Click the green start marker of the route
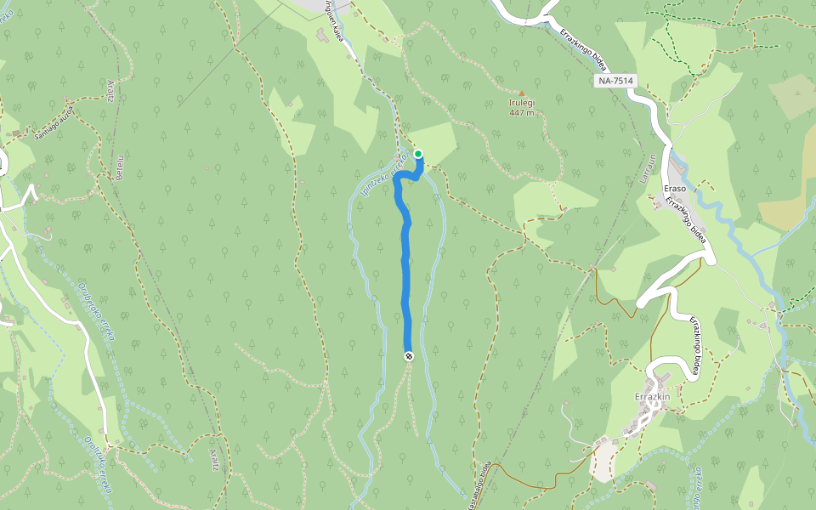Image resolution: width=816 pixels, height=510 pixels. pyautogui.click(x=418, y=154)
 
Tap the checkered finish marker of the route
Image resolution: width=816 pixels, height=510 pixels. pyautogui.click(x=409, y=356)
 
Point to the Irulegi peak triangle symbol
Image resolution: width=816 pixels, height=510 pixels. pyautogui.click(x=522, y=93)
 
